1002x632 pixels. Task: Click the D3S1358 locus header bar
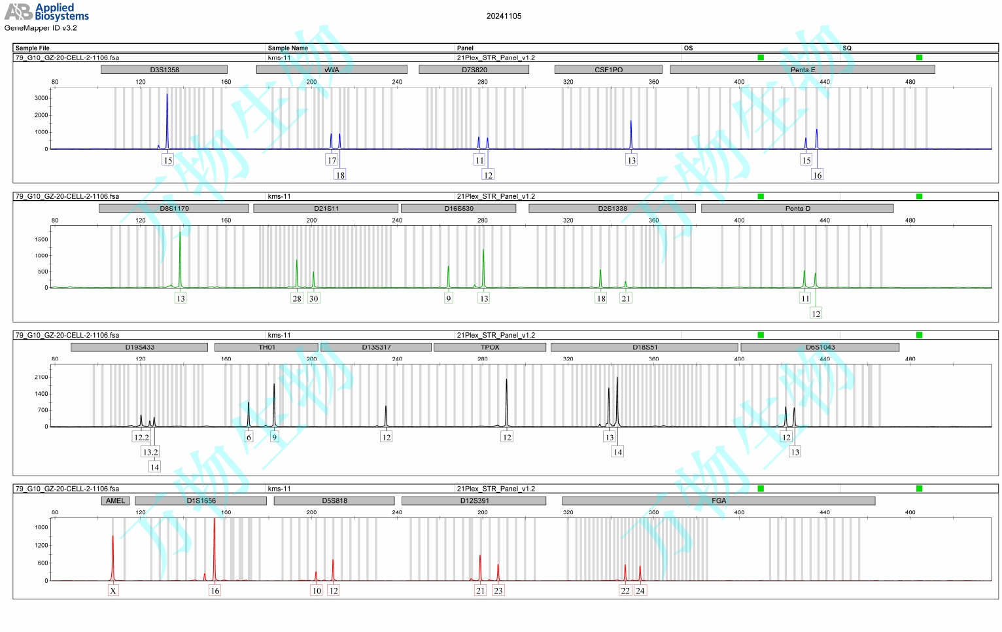(164, 69)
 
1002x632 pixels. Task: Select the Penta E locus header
(802, 69)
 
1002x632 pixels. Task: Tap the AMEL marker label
(115, 500)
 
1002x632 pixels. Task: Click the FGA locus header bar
(718, 500)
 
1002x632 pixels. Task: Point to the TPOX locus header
(489, 347)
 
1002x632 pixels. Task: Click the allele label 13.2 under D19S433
(150, 452)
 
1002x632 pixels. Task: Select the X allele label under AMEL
(113, 591)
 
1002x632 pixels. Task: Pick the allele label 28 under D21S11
(297, 298)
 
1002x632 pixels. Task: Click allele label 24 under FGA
(640, 591)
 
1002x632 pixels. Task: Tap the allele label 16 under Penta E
(817, 175)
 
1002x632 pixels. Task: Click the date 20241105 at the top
(504, 16)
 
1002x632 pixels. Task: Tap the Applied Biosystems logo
(46, 12)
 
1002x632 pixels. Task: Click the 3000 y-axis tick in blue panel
(41, 98)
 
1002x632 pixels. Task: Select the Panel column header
(465, 48)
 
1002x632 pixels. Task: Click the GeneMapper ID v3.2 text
(41, 28)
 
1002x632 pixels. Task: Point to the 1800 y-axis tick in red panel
(41, 527)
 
